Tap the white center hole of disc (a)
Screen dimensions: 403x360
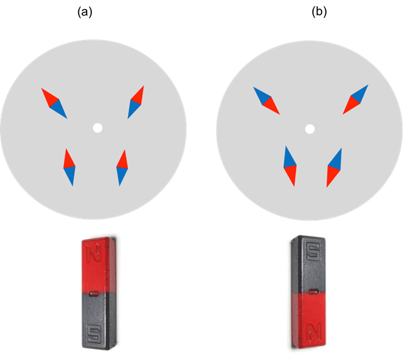pos(97,128)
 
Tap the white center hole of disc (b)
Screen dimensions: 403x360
pos(310,129)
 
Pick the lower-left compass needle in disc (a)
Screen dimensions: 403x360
pos(69,167)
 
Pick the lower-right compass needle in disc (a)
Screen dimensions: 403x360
pos(122,167)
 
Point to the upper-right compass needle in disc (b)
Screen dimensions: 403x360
pos(356,99)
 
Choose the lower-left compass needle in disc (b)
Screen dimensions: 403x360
pos(290,166)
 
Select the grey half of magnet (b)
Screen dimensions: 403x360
pos(309,265)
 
